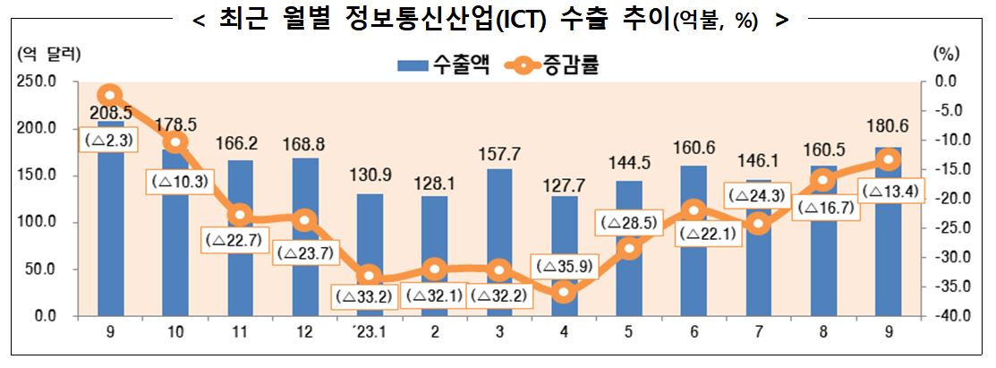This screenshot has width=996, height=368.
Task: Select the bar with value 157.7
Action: pyautogui.click(x=499, y=224)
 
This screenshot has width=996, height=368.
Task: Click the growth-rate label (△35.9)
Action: pyautogui.click(x=564, y=266)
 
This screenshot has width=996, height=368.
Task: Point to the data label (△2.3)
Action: pyautogui.click(x=110, y=140)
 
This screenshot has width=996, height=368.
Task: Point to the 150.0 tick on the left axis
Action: pyautogui.click(x=41, y=175)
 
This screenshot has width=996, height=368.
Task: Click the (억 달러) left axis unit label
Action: pyautogui.click(x=49, y=53)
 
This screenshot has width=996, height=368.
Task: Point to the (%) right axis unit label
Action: pyautogui.click(x=946, y=53)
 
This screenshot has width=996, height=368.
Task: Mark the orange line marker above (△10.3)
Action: pyautogui.click(x=175, y=141)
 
